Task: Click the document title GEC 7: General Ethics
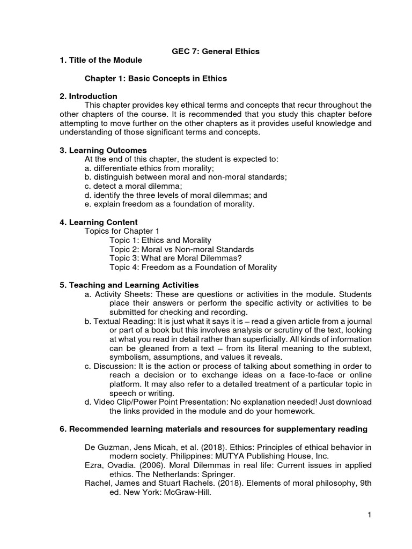208,51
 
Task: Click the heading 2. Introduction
89,97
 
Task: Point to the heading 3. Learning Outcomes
103,150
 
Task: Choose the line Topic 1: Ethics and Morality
160,240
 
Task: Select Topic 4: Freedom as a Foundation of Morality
193,267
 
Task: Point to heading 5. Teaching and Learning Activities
129,285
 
